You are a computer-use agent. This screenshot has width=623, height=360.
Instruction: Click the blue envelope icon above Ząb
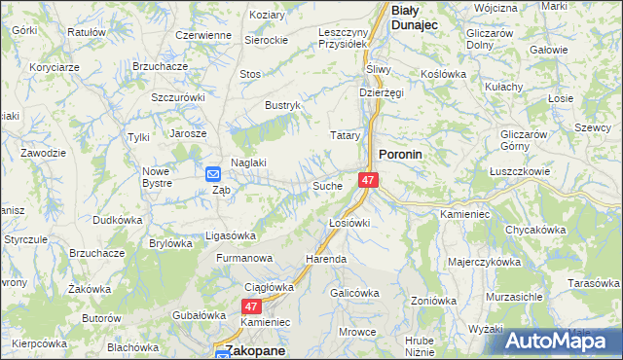[214, 174]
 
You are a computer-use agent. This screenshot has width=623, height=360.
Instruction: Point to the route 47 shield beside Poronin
[367, 181]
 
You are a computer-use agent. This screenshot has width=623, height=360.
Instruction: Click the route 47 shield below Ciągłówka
[251, 306]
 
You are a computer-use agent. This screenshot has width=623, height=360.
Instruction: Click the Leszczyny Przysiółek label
[342, 37]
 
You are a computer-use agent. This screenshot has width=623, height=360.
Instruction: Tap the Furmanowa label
[241, 260]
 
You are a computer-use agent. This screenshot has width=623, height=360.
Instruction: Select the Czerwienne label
[202, 35]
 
